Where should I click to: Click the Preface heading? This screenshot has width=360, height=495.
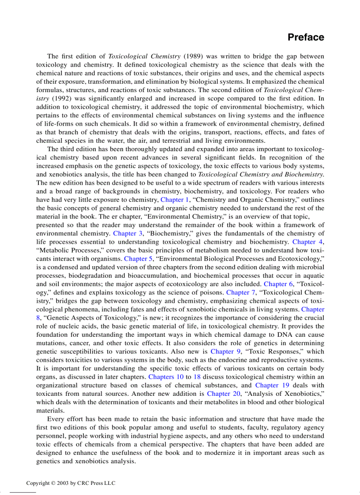306,37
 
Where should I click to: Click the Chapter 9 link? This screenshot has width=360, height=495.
225,351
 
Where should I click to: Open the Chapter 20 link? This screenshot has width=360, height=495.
224,394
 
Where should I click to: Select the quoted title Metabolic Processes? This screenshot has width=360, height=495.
64,250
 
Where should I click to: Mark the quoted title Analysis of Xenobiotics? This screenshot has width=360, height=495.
287,394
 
